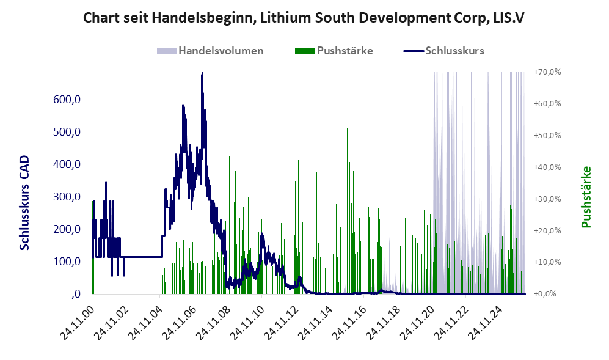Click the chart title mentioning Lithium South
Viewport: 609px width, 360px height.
click(x=304, y=18)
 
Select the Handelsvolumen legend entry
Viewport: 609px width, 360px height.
click(x=210, y=51)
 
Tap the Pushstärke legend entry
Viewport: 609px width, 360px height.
click(x=334, y=51)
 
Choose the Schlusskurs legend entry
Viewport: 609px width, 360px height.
click(x=443, y=51)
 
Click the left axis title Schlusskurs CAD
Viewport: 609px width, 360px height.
click(x=24, y=202)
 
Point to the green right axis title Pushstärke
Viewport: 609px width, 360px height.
click(x=586, y=197)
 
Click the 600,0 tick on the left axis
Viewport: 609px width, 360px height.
click(x=67, y=100)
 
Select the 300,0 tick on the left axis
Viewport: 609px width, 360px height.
click(x=67, y=197)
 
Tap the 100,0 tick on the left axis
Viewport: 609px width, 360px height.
click(x=67, y=261)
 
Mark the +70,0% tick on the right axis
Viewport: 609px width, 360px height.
click(x=547, y=72)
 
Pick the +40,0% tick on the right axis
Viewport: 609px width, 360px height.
click(x=547, y=167)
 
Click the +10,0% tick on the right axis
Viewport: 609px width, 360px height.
click(x=547, y=262)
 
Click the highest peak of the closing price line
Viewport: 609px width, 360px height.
click(x=202, y=73)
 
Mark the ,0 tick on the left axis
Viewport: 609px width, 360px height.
click(x=76, y=294)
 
